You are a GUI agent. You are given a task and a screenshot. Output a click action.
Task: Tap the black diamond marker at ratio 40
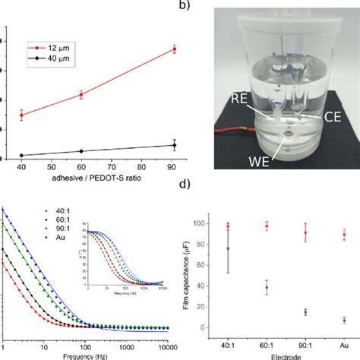(x=21, y=155)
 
